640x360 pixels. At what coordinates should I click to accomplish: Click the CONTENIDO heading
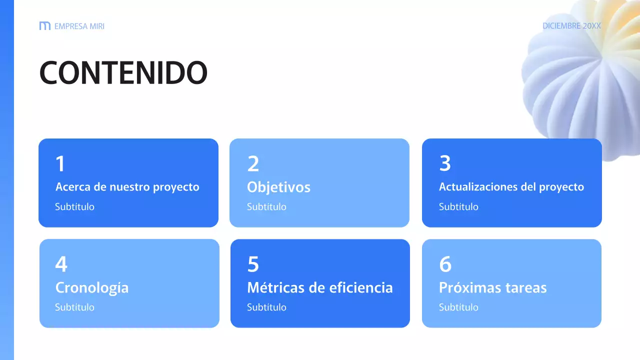123,73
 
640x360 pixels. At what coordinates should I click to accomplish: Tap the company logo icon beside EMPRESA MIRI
44,26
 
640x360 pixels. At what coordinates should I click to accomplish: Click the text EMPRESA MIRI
79,26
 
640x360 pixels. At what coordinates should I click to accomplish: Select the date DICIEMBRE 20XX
571,26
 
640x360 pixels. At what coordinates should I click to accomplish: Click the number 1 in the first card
60,164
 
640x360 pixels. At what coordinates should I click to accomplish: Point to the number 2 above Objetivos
253,164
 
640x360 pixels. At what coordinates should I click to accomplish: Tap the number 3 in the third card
445,163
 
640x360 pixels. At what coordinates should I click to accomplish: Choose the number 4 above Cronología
61,264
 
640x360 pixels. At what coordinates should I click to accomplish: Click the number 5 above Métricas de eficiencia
253,264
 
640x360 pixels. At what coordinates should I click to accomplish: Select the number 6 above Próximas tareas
445,264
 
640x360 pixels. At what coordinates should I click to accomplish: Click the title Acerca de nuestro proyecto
127,187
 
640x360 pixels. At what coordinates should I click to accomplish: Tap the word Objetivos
278,187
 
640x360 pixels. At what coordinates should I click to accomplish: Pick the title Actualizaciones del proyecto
511,187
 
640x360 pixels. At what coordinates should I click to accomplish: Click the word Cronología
91,288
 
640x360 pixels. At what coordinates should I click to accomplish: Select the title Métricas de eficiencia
319,288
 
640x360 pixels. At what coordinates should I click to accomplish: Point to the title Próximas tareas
492,288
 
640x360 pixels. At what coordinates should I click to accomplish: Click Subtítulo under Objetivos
266,207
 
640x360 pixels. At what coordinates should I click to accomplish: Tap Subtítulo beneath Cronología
74,307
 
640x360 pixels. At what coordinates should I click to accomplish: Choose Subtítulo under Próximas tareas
458,307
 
